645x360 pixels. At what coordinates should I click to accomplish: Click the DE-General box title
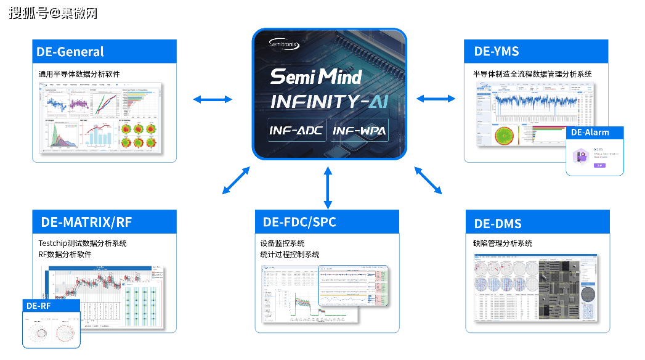70,52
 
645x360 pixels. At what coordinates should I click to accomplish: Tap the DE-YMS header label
496,51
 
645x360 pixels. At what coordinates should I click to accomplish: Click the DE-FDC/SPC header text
299,222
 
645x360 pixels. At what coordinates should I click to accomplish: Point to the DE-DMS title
498,223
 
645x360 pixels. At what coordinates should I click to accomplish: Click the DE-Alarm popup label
590,133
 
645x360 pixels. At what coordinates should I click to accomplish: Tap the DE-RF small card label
39,305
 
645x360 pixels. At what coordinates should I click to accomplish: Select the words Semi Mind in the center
315,77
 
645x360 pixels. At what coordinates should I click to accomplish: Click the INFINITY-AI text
330,102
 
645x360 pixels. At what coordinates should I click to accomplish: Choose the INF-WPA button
360,131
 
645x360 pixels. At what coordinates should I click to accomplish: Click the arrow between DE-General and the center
213,99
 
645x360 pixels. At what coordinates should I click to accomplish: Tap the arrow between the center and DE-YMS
436,98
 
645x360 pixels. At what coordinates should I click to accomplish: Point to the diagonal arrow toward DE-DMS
428,181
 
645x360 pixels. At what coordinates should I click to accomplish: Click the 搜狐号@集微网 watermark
52,12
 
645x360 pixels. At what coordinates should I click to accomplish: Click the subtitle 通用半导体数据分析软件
79,73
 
